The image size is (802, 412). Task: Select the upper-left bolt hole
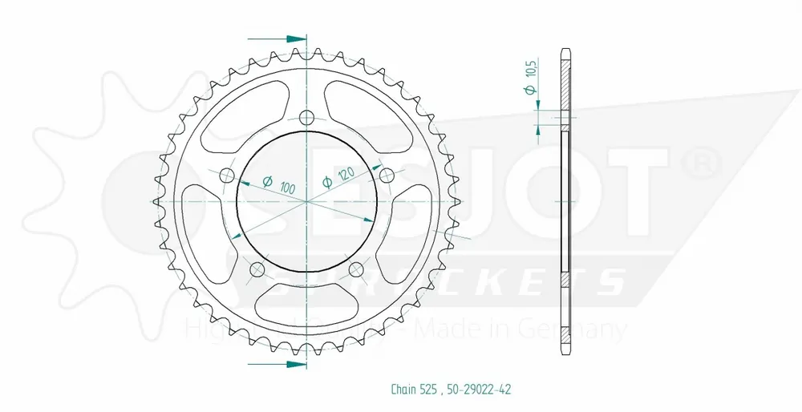coord(226,176)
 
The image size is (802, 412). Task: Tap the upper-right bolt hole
coord(387,176)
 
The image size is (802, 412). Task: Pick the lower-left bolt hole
coord(257,269)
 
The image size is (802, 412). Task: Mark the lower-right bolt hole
coord(356,269)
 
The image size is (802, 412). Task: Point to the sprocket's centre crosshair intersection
coord(306,202)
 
